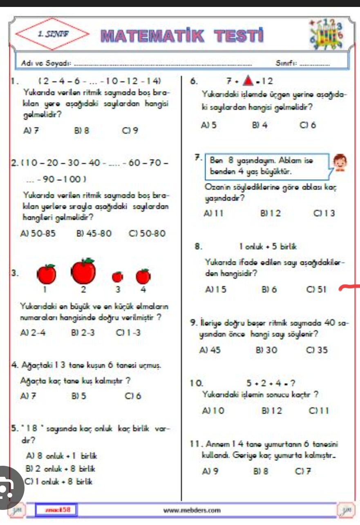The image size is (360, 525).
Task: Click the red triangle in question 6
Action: tap(247, 80)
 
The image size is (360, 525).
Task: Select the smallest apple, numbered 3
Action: tap(117, 277)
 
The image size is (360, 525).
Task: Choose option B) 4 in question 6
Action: tap(260, 125)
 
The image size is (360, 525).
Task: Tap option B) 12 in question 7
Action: tap(271, 213)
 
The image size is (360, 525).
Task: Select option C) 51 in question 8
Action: tap(316, 289)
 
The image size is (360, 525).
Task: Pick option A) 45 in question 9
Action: tap(210, 350)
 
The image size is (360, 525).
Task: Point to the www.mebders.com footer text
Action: tap(192, 510)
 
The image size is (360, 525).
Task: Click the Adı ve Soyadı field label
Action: tap(46, 63)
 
